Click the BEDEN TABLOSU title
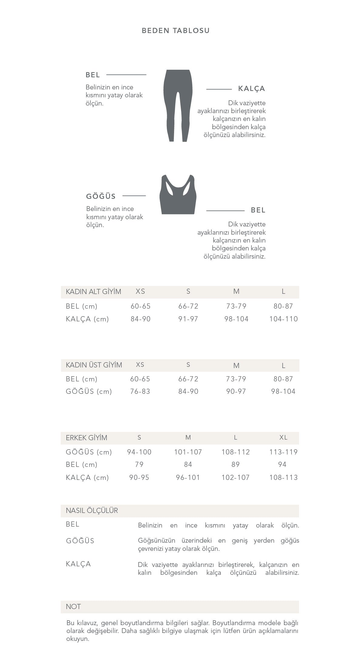click(x=176, y=31)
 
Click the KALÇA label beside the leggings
click(x=251, y=89)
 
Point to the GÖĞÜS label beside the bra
click(x=101, y=196)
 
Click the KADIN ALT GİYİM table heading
click(x=93, y=292)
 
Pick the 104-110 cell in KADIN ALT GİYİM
click(x=283, y=319)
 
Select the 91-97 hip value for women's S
click(x=188, y=319)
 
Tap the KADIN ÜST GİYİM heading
click(x=94, y=365)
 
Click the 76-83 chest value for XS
click(x=140, y=391)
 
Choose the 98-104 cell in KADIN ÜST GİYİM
click(x=283, y=391)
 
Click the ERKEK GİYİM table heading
click(x=86, y=438)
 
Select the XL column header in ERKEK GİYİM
click(x=283, y=437)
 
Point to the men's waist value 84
click(x=188, y=464)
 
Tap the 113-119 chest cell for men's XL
click(x=283, y=452)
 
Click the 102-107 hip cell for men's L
click(x=235, y=477)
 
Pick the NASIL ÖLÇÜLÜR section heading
click(x=92, y=511)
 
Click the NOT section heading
click(x=73, y=607)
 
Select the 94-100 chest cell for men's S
click(x=139, y=452)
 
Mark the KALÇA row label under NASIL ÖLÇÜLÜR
click(x=78, y=564)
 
